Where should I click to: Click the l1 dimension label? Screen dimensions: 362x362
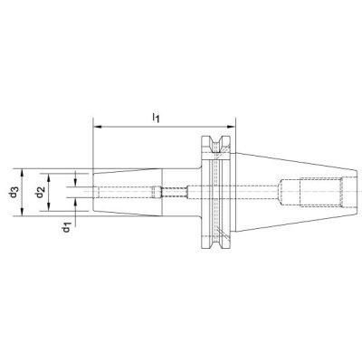pos(156,118)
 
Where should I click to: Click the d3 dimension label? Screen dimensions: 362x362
pos(14,192)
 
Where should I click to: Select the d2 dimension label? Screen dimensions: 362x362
pos(40,193)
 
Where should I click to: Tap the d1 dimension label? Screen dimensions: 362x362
pos(66,227)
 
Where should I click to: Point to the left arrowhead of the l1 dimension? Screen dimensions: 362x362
pos(98,127)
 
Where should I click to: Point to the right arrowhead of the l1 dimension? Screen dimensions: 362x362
pos(231,127)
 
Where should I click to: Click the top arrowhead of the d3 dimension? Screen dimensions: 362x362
pos(22,173)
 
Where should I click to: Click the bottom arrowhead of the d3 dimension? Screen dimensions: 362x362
pos(22,212)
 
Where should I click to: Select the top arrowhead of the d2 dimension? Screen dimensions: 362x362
pos(49,177)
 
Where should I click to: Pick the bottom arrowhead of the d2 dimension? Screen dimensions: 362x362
pos(49,206)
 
